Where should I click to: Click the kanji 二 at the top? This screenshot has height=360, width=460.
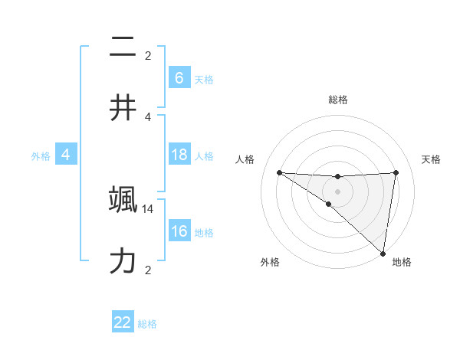pyautogui.click(x=123, y=48)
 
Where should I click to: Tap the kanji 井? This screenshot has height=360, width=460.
pyautogui.click(x=123, y=108)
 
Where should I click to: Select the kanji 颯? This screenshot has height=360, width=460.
pyautogui.click(x=123, y=201)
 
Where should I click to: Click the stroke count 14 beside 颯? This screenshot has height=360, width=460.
pyautogui.click(x=148, y=208)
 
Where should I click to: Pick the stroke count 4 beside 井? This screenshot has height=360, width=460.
pyautogui.click(x=148, y=116)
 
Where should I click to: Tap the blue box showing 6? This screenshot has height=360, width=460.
pyautogui.click(x=179, y=78)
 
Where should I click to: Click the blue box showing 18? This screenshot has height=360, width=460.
pyautogui.click(x=179, y=155)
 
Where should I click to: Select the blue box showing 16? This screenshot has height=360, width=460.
pyautogui.click(x=179, y=231)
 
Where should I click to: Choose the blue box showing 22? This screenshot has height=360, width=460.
pyautogui.click(x=123, y=322)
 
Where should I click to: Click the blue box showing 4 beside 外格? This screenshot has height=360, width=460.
pyautogui.click(x=66, y=155)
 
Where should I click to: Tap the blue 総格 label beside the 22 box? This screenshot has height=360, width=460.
pyautogui.click(x=147, y=324)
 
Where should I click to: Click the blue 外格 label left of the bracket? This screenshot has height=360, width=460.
pyautogui.click(x=41, y=155)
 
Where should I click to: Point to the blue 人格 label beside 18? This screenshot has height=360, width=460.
pyautogui.click(x=204, y=155)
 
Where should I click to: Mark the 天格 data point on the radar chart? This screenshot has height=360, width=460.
pyautogui.click(x=396, y=172)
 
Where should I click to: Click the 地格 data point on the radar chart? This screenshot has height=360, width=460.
pyautogui.click(x=383, y=253)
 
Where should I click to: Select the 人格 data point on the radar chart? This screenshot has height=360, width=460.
pyautogui.click(x=279, y=172)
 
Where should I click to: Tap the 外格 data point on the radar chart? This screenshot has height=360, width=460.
pyautogui.click(x=329, y=204)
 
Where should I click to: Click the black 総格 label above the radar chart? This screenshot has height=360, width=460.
pyautogui.click(x=337, y=100)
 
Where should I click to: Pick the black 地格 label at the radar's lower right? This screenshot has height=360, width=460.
pyautogui.click(x=402, y=263)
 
